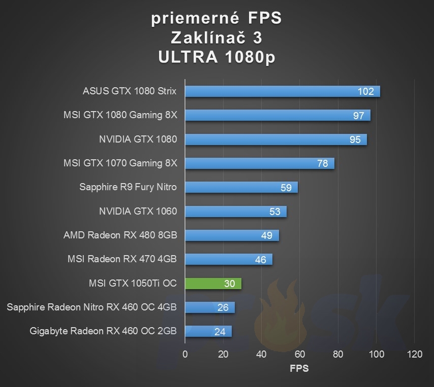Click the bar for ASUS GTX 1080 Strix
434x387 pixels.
coord(282,91)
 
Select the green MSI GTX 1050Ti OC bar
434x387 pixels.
coord(213,283)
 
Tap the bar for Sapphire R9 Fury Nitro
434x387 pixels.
coord(241,187)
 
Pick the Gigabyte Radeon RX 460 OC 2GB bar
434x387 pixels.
coord(208,331)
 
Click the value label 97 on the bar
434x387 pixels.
coord(359,115)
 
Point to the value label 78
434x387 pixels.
coord(322,163)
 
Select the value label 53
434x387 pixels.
coord(275,211)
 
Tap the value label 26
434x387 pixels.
coord(223,307)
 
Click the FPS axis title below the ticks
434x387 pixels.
coord(299,368)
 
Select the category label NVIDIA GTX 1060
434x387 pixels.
coord(138,211)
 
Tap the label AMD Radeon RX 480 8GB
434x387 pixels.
coord(120,235)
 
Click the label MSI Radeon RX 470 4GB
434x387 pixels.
coord(122,259)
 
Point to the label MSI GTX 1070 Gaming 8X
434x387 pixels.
coord(120,163)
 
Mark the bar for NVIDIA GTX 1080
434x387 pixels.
coord(276,139)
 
